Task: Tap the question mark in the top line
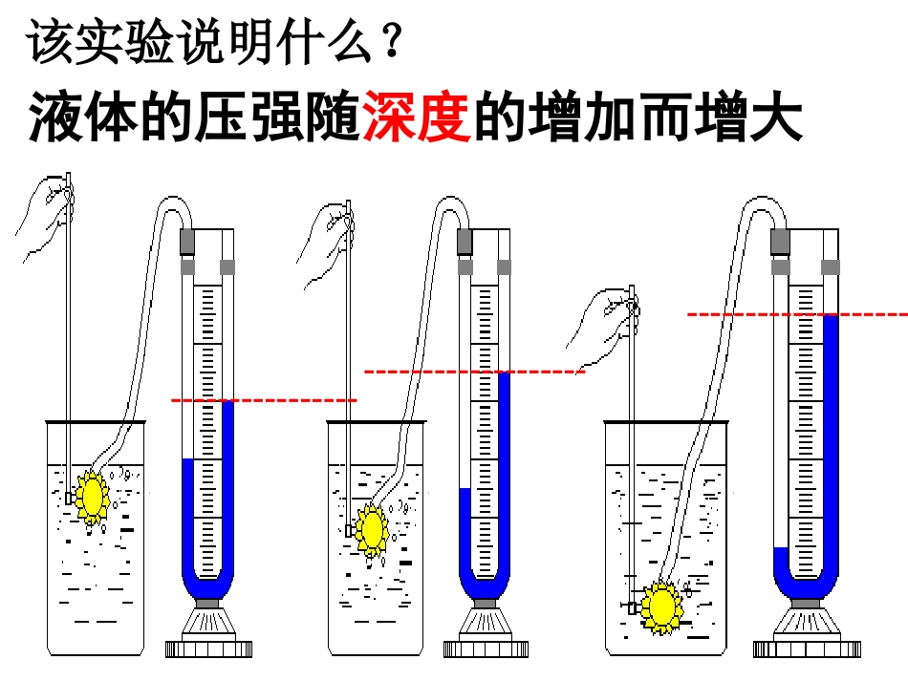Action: point(392,39)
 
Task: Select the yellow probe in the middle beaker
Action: point(372,529)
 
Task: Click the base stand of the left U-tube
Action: point(208,629)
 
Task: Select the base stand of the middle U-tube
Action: point(486,629)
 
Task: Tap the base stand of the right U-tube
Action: point(807,629)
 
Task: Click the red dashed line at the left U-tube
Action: point(264,400)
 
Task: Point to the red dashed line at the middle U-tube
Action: point(475,372)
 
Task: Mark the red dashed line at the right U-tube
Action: point(797,315)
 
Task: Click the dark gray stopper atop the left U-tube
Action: point(187,242)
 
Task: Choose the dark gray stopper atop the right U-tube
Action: point(780,242)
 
